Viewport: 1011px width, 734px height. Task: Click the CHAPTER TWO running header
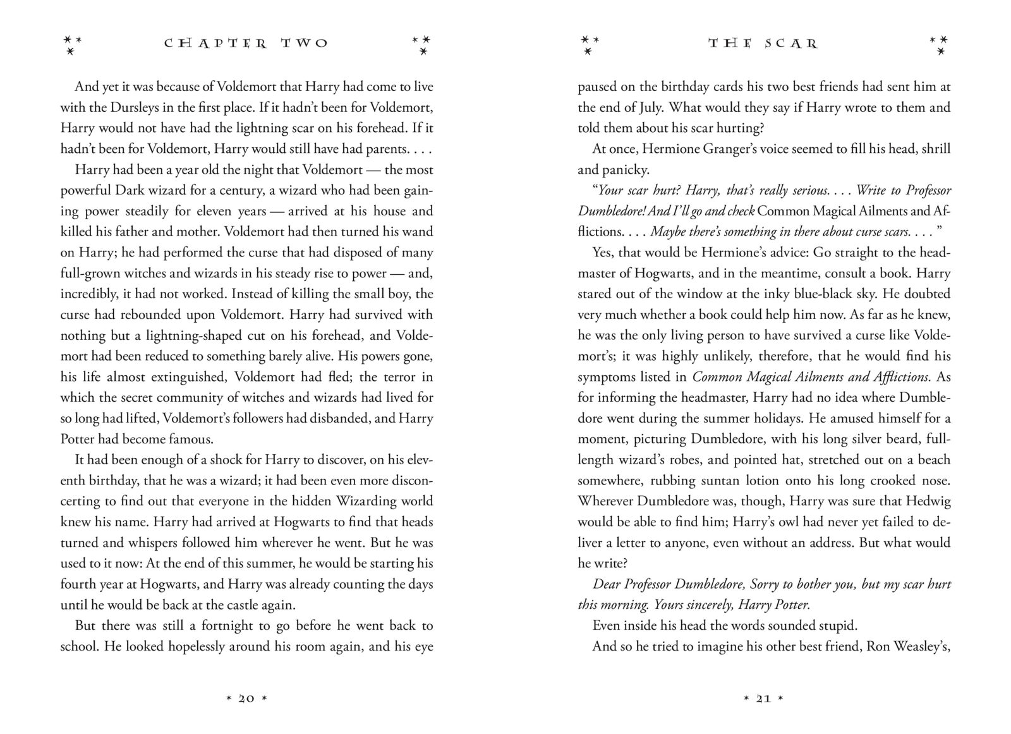coord(246,44)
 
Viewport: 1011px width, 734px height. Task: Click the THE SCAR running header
coord(763,44)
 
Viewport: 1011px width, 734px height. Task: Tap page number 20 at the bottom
coord(246,699)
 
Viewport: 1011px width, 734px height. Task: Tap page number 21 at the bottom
coord(763,699)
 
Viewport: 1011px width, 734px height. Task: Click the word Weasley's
coord(923,646)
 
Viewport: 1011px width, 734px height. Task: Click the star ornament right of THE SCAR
coord(940,44)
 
